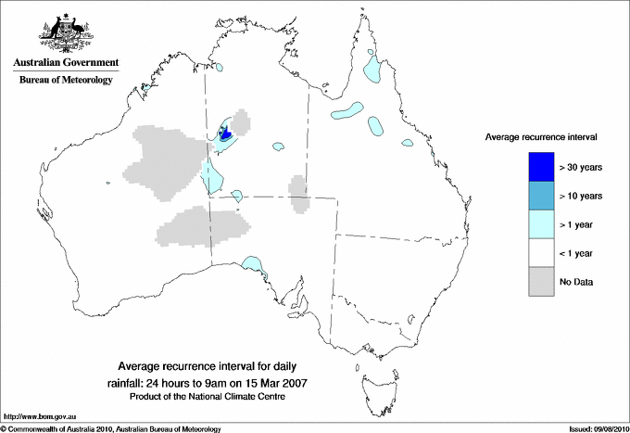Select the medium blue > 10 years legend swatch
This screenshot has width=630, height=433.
click(x=540, y=195)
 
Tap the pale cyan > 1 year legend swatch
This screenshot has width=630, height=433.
click(x=540, y=223)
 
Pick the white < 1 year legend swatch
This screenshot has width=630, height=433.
click(x=540, y=252)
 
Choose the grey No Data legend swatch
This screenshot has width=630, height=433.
click(x=540, y=281)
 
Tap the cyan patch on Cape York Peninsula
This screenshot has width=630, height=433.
click(x=374, y=66)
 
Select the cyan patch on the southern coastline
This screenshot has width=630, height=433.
click(x=252, y=268)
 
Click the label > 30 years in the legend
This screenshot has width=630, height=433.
click(x=581, y=166)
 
